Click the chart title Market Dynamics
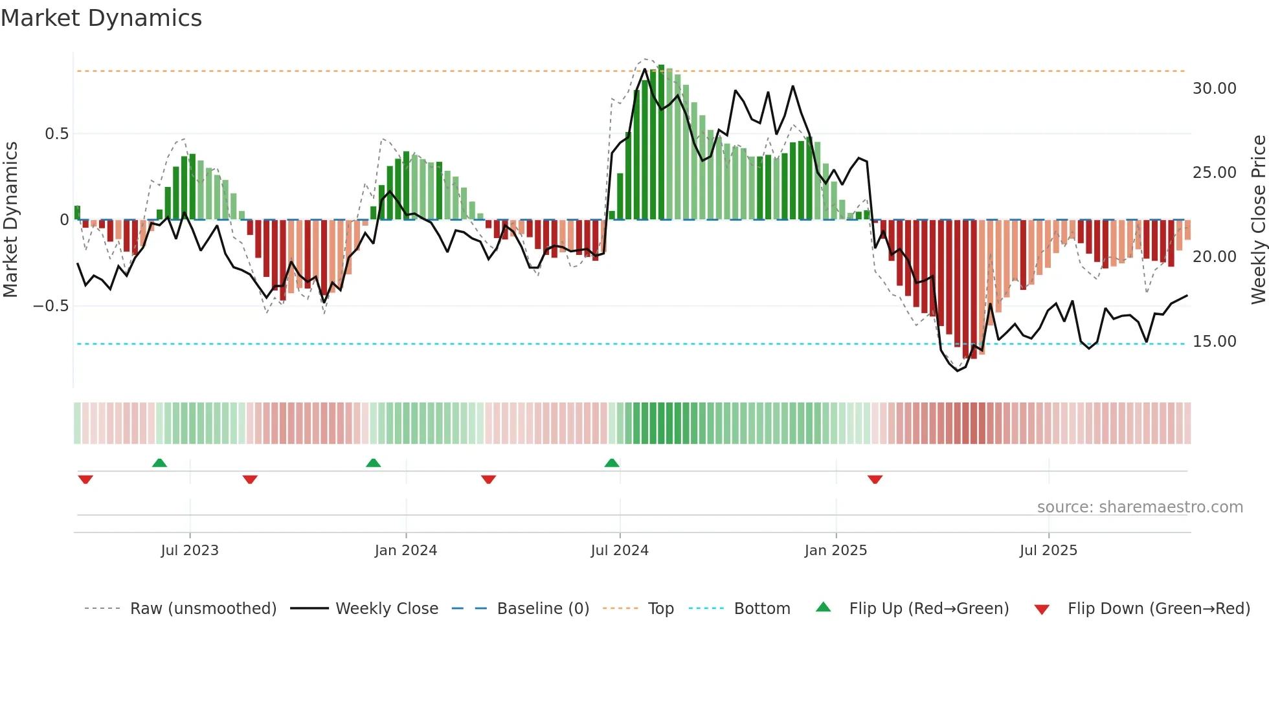click(x=102, y=18)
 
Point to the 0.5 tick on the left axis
click(x=56, y=134)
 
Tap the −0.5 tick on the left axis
click(x=51, y=306)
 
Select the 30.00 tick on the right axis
click(x=1214, y=89)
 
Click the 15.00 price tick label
click(x=1214, y=342)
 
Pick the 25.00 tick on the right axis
click(x=1214, y=173)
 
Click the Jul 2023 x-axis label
click(x=190, y=551)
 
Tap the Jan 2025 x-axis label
click(x=835, y=551)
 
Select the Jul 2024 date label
click(x=620, y=551)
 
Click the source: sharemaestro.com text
click(x=1140, y=507)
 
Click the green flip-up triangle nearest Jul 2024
click(x=612, y=463)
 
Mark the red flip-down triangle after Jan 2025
click(x=875, y=479)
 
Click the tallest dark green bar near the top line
click(x=661, y=142)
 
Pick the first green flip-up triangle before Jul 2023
click(x=159, y=463)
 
